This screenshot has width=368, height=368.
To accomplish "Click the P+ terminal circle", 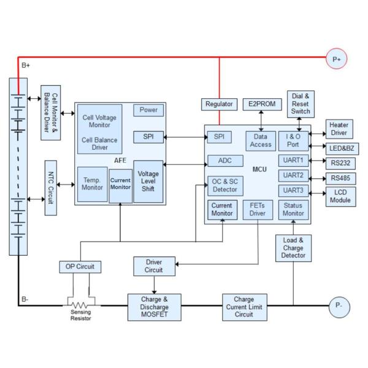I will tap(336, 59).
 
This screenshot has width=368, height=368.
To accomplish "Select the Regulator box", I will tap(218, 105).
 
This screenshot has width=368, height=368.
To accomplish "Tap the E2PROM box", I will tap(261, 105).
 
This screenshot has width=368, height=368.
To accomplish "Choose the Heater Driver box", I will tap(338, 129).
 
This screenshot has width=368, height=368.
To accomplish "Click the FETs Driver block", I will tap(257, 210).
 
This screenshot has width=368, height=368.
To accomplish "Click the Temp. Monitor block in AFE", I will tap(92, 185).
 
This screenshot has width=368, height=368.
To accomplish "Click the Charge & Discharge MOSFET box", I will tap(155, 307).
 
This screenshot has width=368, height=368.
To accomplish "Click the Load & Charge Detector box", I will tap(294, 248).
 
